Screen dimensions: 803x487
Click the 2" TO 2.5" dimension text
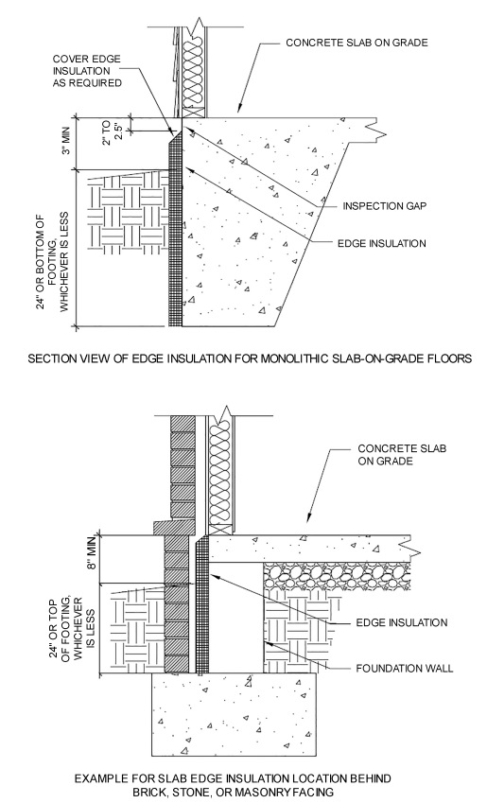[x=113, y=123]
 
